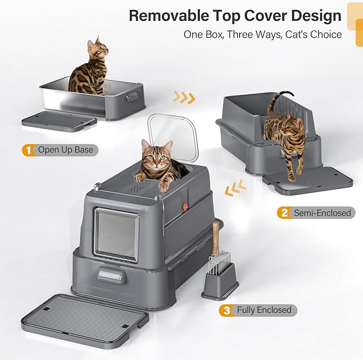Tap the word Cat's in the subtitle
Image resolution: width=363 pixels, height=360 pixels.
284,35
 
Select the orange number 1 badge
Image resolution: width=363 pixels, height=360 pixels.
27,150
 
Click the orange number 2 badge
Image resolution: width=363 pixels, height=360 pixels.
283,213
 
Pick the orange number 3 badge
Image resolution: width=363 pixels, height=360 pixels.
226,310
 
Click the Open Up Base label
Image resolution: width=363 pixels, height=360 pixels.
65,150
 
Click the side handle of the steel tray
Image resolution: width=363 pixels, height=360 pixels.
131,97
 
